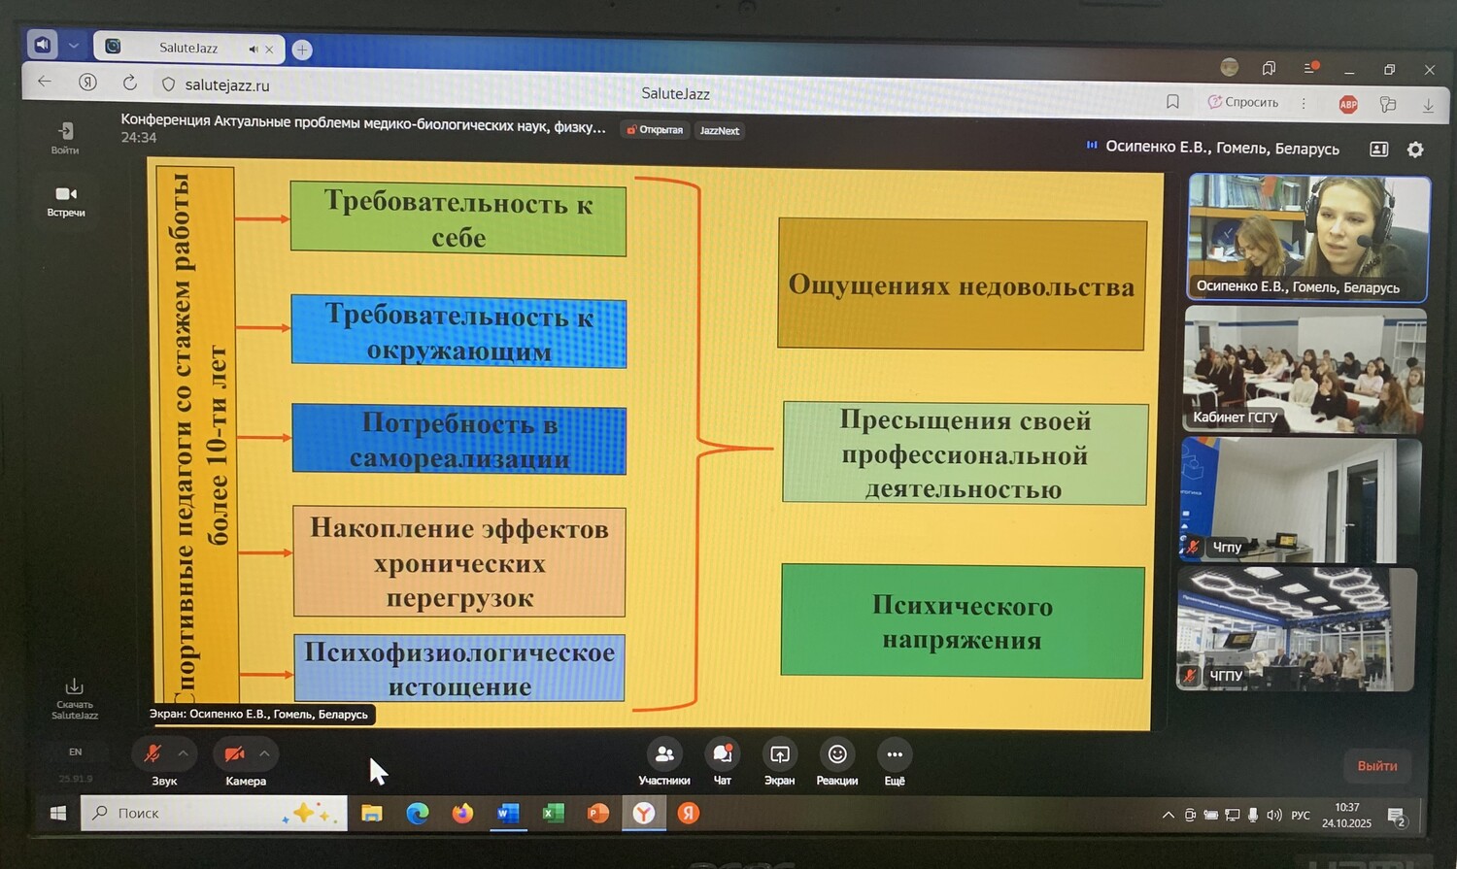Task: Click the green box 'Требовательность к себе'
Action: (458, 220)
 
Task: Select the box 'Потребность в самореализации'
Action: (459, 440)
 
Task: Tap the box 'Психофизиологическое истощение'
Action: (459, 669)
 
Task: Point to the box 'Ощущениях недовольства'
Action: (962, 285)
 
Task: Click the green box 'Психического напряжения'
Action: (963, 622)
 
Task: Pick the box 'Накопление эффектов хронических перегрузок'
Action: (459, 562)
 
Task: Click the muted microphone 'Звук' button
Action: (152, 754)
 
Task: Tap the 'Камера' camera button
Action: (234, 754)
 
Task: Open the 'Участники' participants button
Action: (664, 754)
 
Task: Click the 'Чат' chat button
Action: (723, 754)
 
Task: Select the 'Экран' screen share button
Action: (779, 754)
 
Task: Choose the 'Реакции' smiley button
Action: (837, 754)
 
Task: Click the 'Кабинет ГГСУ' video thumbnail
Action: (1305, 370)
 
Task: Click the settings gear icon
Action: (1415, 150)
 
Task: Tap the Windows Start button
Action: (58, 814)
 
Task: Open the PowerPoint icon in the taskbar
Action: (598, 814)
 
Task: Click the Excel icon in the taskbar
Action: (554, 814)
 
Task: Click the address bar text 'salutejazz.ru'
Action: (227, 85)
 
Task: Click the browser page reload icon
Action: (130, 84)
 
